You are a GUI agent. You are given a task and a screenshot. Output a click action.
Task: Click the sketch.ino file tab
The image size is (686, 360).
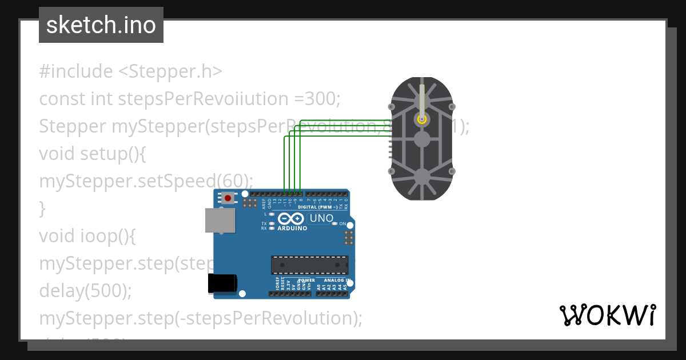click(101, 25)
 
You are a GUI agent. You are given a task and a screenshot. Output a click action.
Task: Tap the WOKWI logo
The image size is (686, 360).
click(607, 315)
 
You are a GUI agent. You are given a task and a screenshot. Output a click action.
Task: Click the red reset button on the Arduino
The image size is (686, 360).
click(228, 198)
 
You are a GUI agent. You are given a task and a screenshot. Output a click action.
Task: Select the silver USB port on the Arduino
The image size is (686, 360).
click(220, 220)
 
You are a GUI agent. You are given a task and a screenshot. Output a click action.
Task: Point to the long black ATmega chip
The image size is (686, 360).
click(309, 265)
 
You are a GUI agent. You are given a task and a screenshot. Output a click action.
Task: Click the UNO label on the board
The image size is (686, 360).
click(321, 218)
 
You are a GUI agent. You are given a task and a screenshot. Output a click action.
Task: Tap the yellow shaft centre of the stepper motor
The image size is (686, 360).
click(422, 119)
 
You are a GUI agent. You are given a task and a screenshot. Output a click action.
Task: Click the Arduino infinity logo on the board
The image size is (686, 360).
click(291, 219)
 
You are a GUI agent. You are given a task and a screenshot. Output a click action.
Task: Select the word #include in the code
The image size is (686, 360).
click(76, 71)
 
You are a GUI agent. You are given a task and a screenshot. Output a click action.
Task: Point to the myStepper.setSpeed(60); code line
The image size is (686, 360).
click(146, 181)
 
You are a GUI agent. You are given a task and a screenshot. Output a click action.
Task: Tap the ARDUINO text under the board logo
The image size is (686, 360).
click(292, 229)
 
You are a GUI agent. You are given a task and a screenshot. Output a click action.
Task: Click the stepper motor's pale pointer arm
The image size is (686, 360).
click(422, 100)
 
